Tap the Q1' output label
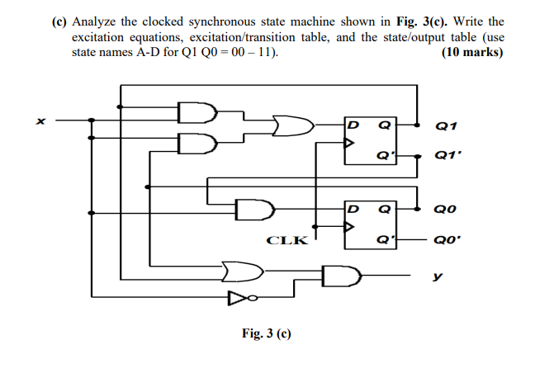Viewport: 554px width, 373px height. (443, 155)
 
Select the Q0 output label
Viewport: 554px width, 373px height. (443, 210)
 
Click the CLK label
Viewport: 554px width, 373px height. (286, 241)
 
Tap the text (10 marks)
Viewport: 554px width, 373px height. (473, 53)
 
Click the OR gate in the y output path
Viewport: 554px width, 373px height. (239, 269)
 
